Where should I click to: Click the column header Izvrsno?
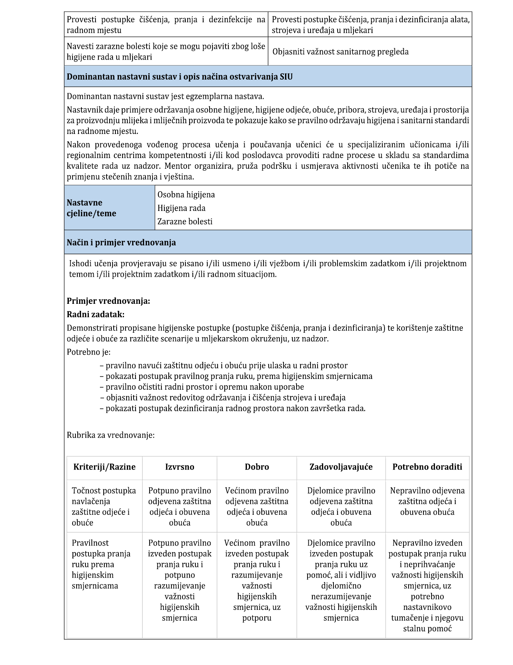point(180,467)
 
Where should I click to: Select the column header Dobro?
point(257,467)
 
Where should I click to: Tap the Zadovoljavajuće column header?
point(341,467)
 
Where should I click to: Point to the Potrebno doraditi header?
point(427,467)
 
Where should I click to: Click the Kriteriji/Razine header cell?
point(104,467)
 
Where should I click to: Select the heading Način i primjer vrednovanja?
point(121,243)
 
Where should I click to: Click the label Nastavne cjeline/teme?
point(91,208)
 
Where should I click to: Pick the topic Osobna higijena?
point(186,195)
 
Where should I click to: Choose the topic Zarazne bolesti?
point(185,222)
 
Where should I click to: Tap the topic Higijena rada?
point(181,208)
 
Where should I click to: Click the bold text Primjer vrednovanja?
point(108,301)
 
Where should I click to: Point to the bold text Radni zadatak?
point(95,315)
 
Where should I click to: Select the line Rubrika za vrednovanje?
point(111,435)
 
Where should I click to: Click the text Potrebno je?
point(88,352)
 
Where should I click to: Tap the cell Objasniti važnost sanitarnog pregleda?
point(341,52)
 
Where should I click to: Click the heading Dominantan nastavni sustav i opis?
point(180,77)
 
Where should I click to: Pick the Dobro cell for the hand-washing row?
point(257,580)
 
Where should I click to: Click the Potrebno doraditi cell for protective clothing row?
point(427,501)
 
